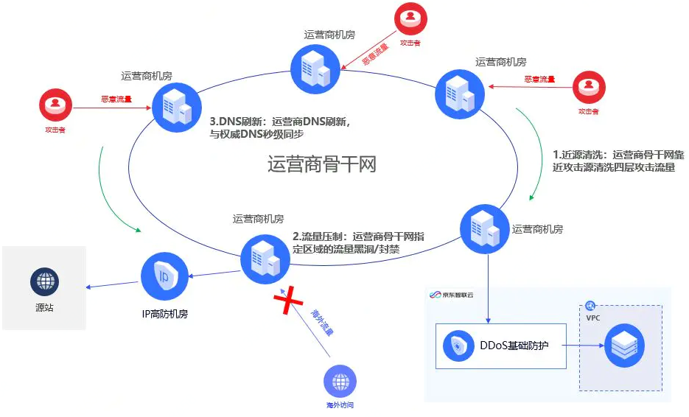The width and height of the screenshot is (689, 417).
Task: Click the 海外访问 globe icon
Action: click(340, 382)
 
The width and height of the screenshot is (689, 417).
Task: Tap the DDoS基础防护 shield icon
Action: click(459, 346)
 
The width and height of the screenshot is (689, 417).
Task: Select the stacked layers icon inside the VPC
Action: click(624, 344)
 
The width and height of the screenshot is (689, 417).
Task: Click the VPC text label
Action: click(592, 318)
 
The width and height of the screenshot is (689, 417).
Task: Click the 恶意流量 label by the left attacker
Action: click(116, 99)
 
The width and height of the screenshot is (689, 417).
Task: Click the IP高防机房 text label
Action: click(164, 314)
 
